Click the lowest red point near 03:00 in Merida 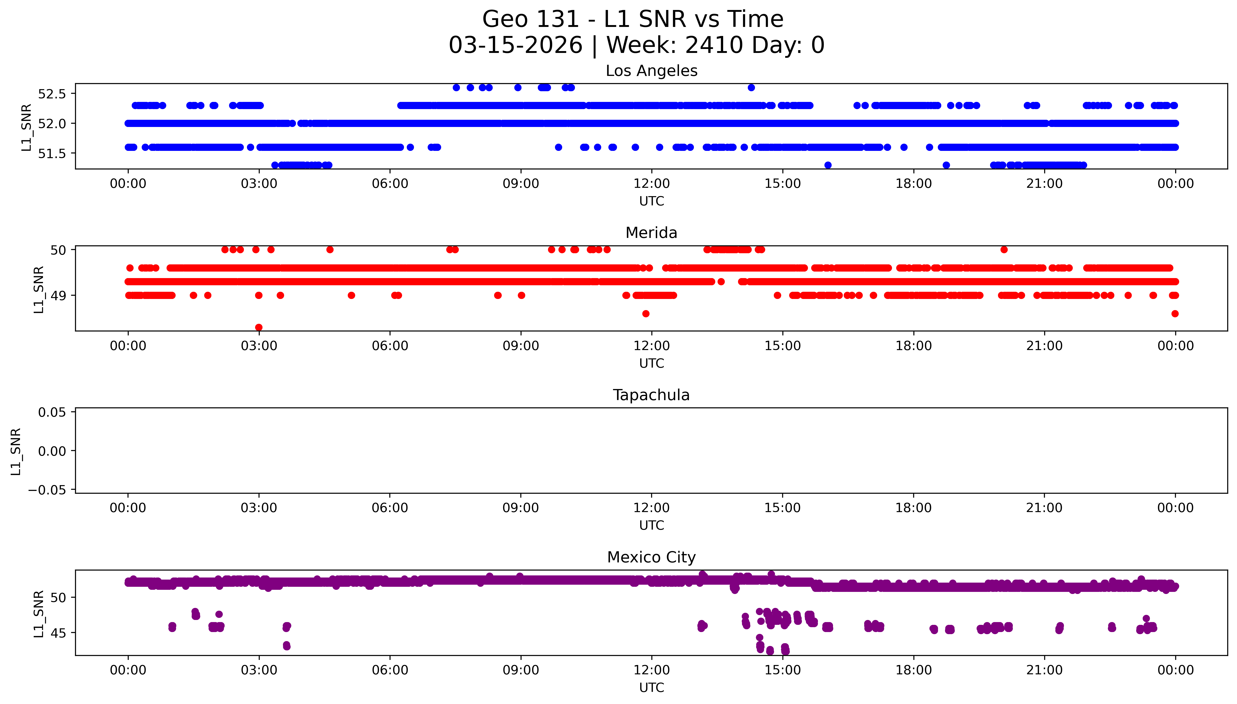pyautogui.click(x=259, y=327)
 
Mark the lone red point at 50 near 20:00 pyautogui.click(x=1004, y=250)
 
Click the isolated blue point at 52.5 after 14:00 pyautogui.click(x=751, y=88)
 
